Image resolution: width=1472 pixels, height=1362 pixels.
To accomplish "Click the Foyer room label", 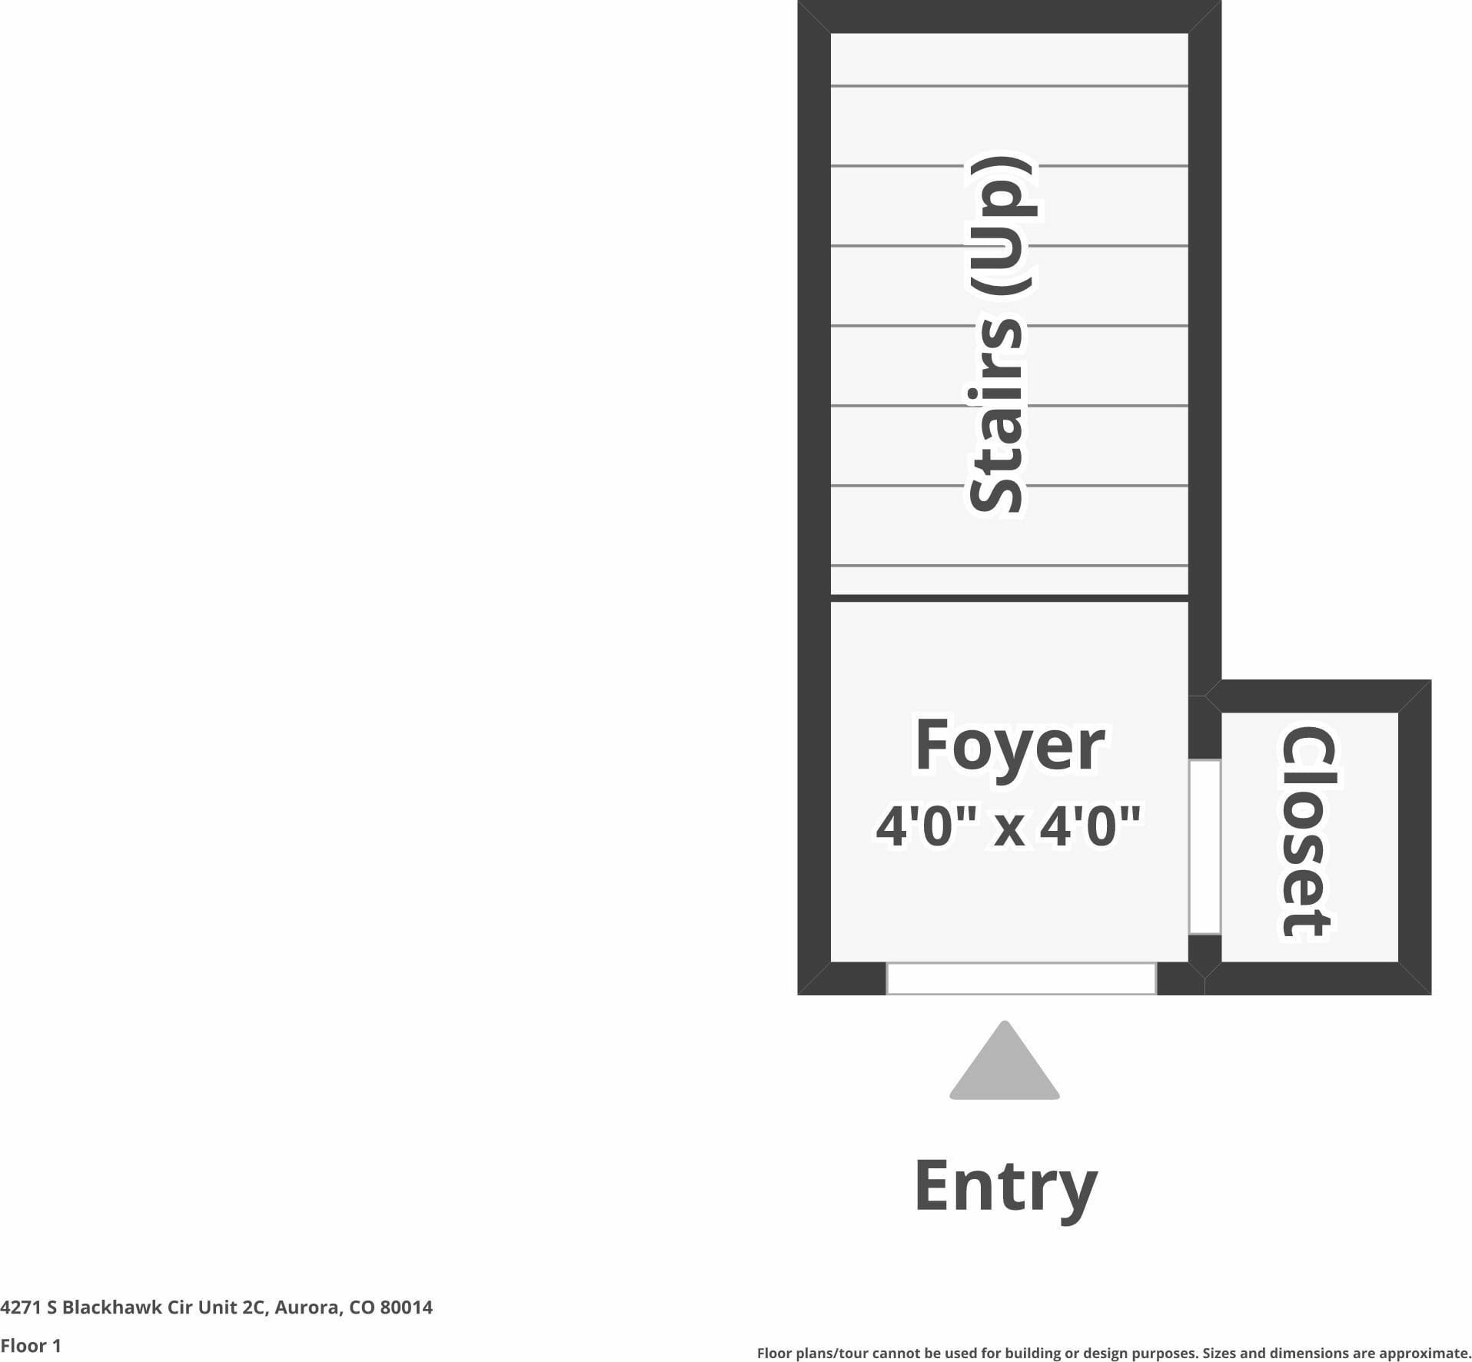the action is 1009,746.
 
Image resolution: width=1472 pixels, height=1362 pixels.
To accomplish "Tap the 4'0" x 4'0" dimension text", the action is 1008,827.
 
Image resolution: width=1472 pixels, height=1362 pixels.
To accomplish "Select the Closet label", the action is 1308,833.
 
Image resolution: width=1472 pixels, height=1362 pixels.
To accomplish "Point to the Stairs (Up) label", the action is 999,334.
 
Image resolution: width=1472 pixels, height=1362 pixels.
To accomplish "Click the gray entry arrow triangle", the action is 1004,1064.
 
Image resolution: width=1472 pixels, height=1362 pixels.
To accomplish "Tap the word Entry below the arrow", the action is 1005,1185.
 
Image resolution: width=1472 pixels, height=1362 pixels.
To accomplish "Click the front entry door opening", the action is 1021,978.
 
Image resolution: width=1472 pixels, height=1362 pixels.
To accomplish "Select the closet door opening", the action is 1205,847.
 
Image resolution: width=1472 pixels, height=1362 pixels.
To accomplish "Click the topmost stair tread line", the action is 1009,85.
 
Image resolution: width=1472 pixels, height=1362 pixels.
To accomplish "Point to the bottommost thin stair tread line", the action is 1009,566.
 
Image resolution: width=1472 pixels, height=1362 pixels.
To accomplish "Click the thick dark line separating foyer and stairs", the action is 1009,598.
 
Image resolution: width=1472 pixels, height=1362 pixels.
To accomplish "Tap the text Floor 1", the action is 31,1346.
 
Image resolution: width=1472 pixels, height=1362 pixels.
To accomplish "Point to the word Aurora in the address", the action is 307,1307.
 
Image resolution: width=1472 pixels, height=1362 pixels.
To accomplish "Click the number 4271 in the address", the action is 21,1307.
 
